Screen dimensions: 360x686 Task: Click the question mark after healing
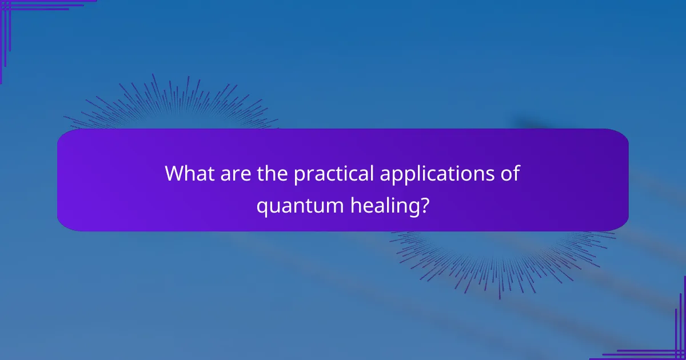click(424, 204)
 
